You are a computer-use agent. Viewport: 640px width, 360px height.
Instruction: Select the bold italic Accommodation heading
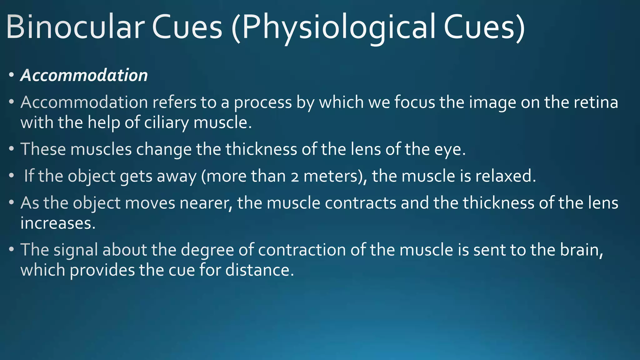(x=84, y=75)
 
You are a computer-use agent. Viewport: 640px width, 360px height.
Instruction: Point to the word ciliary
(x=166, y=122)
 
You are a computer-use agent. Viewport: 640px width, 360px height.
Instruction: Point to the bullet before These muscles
(x=12, y=149)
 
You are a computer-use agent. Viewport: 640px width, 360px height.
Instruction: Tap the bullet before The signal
(x=12, y=250)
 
